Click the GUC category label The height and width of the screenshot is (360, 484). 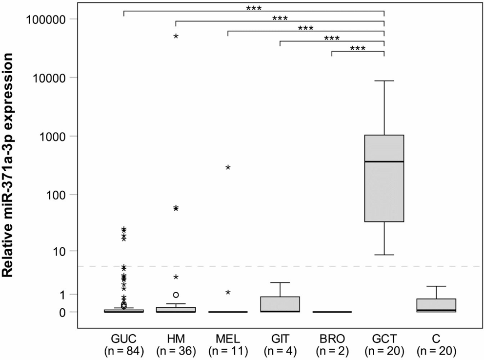tap(124, 339)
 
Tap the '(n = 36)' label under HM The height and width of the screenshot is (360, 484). tap(176, 350)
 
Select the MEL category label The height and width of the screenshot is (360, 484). tap(228, 339)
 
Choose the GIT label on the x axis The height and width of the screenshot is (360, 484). tap(280, 339)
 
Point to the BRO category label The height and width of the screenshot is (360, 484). tap(332, 339)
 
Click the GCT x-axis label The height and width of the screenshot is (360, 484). tap(384, 339)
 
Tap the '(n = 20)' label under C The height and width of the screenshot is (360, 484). tap(436, 350)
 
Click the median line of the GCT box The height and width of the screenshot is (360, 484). tap(384, 161)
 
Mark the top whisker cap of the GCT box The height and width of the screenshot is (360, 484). tap(384, 81)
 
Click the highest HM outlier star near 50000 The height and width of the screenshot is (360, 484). tap(176, 37)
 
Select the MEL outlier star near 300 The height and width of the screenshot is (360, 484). tap(228, 167)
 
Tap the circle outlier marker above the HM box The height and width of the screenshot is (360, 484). tap(176, 295)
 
